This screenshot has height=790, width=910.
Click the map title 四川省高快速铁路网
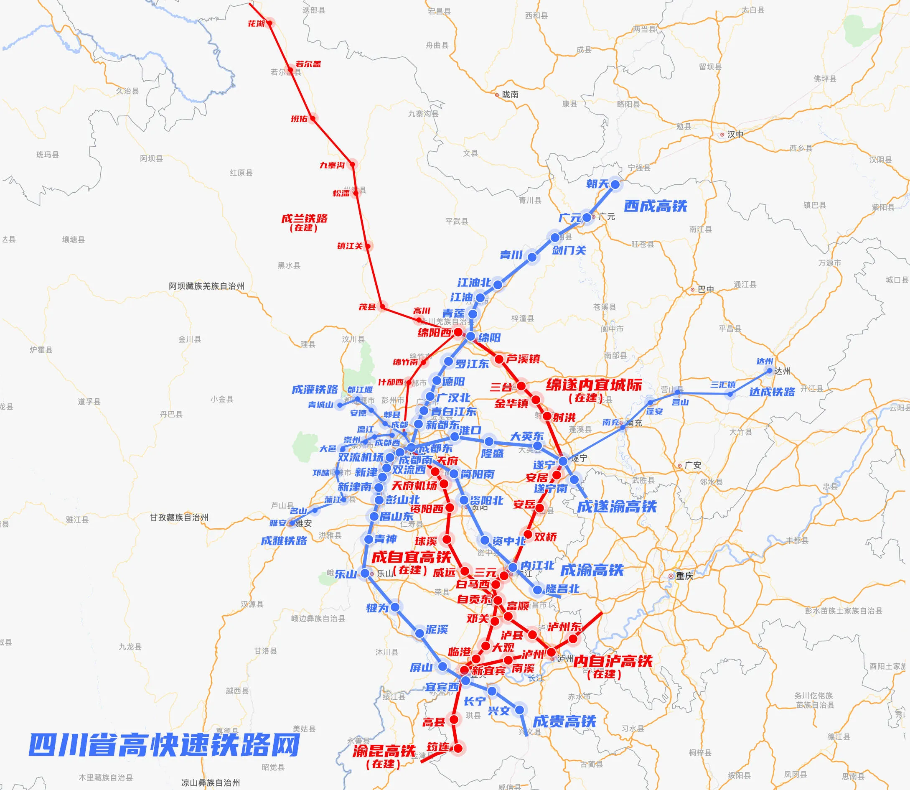(164, 744)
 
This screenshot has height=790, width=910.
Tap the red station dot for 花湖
(269, 23)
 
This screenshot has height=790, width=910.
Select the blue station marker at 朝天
(615, 185)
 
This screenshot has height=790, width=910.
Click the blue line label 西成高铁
(655, 206)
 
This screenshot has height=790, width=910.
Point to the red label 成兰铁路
(305, 219)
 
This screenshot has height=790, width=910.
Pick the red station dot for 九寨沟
(352, 164)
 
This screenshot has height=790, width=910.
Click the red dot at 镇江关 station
(369, 246)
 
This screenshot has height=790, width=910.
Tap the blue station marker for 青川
(532, 257)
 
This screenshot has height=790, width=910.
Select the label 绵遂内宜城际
(594, 385)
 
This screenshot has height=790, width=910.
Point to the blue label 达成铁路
(772, 392)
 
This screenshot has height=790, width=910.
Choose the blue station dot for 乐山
(365, 573)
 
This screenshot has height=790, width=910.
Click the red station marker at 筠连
(458, 748)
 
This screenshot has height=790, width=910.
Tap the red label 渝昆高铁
(384, 751)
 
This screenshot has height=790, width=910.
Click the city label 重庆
(684, 576)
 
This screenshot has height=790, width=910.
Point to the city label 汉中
(735, 135)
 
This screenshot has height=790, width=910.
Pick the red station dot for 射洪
(547, 416)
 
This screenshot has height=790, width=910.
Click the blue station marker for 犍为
(395, 607)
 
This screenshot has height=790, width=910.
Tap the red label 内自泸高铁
(613, 661)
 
